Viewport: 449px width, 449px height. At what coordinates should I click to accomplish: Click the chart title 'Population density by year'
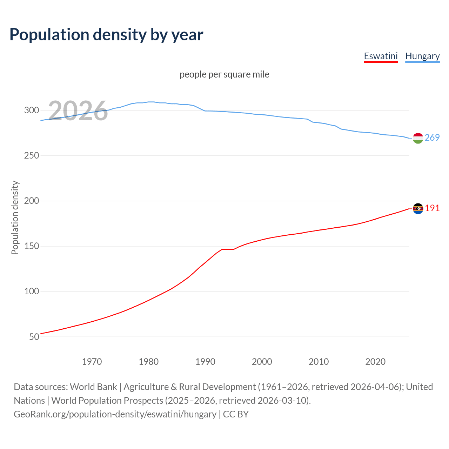(106, 35)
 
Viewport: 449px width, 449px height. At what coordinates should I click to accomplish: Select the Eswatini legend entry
(381, 56)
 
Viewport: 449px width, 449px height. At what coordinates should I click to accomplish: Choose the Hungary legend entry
(422, 56)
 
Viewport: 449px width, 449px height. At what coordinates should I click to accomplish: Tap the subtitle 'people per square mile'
(224, 74)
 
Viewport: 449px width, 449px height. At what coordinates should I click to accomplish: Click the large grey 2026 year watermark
(78, 111)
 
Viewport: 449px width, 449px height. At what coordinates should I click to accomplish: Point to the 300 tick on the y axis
(32, 110)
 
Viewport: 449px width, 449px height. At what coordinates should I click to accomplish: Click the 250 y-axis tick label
(32, 155)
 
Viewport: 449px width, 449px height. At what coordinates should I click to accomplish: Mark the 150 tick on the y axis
(32, 246)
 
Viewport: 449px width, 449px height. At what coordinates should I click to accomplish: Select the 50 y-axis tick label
(34, 337)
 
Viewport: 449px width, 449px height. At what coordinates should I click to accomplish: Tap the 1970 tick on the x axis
(92, 362)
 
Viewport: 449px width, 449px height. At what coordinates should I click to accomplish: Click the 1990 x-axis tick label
(205, 362)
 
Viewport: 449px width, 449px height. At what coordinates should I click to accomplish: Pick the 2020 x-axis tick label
(375, 362)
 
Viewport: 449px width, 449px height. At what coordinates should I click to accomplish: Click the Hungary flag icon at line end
(418, 138)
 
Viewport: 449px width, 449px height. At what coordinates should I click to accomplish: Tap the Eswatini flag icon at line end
(418, 209)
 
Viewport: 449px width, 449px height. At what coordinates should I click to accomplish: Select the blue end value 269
(432, 138)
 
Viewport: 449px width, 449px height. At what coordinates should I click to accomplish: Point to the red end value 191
(432, 208)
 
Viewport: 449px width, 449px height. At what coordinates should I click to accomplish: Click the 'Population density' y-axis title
(15, 217)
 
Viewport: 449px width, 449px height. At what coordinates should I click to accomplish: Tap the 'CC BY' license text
(236, 414)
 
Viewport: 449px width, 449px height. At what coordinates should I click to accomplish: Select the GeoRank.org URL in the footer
(115, 414)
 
